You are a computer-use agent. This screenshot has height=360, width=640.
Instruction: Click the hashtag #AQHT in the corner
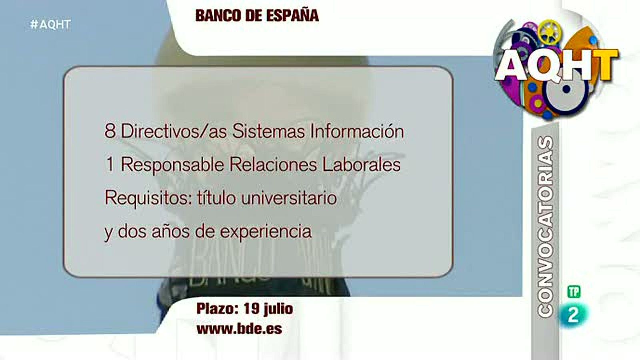[x=50, y=24]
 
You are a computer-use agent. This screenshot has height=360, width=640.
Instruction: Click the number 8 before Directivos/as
[x=110, y=131]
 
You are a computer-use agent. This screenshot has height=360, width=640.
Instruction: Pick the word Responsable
[x=172, y=164]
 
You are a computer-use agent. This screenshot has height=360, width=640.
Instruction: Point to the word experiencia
[x=266, y=231]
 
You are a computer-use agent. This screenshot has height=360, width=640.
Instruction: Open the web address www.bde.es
[x=239, y=329]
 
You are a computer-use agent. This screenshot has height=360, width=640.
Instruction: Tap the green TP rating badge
[x=574, y=292]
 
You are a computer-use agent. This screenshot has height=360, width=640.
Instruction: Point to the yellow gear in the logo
[x=548, y=32]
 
